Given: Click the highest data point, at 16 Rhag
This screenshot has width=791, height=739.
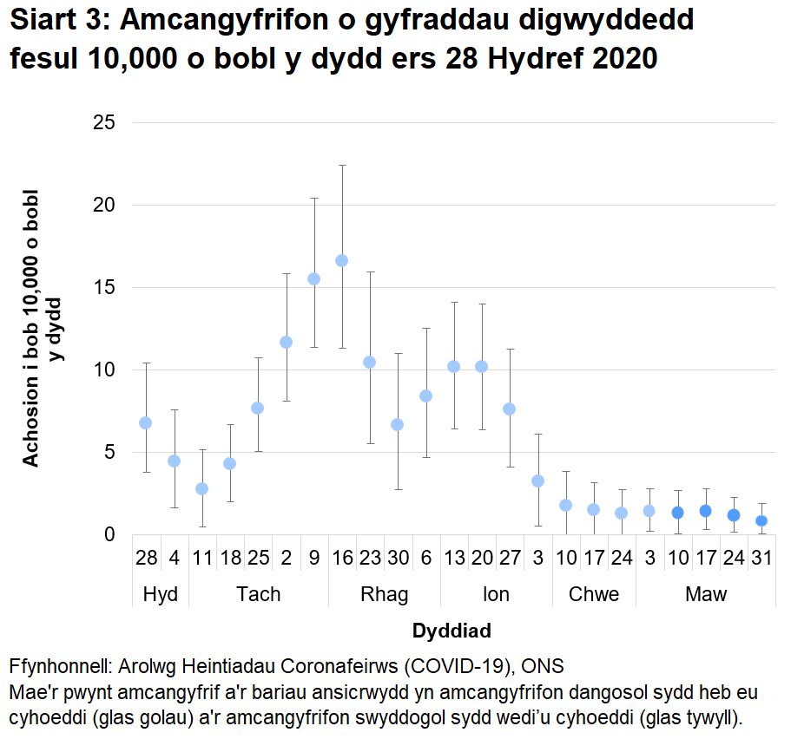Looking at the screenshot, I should click(341, 260).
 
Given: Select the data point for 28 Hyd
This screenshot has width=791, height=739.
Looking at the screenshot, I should click(146, 422).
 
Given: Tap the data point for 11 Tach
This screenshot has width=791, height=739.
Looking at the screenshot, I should click(201, 488).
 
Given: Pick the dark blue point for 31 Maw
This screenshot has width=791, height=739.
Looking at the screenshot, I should click(761, 520).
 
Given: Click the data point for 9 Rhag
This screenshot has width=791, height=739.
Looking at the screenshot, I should click(313, 278).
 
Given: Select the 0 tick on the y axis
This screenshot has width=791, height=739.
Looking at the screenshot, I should click(109, 534).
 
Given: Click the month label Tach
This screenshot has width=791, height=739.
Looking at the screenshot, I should click(258, 594).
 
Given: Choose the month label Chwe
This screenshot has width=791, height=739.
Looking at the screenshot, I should click(594, 594).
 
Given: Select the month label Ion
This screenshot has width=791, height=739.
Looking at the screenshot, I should click(496, 594).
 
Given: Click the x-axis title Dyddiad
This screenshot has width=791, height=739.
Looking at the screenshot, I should click(452, 630).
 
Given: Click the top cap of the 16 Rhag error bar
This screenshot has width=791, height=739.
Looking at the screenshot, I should click(341, 165).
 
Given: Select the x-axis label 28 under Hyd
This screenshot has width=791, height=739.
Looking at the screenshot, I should click(146, 557).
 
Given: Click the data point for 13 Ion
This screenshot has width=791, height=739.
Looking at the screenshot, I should click(453, 366).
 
